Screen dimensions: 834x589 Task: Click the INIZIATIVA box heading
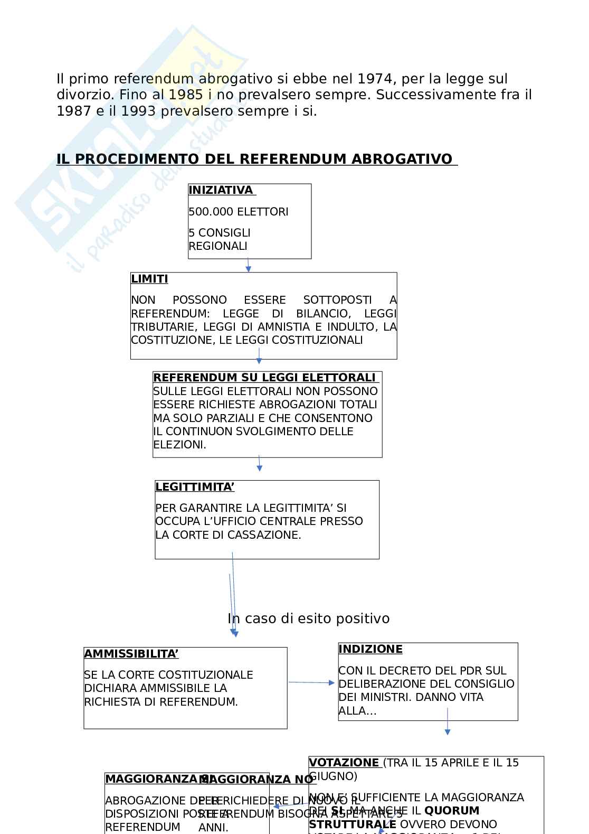coord(221,190)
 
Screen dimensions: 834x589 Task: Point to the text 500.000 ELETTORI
coord(239,212)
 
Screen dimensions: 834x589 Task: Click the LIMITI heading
coord(149,279)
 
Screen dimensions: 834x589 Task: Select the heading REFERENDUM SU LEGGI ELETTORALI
coord(264,378)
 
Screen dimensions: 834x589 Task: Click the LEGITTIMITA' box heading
coord(195,487)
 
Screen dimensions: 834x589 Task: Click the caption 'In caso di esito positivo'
coord(309,619)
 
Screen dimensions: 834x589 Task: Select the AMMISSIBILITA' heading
coord(131,654)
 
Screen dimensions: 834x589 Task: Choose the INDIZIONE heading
coord(370,649)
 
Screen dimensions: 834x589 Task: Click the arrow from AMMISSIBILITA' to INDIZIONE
coord(311,682)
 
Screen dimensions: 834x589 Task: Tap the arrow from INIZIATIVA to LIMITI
coord(248,265)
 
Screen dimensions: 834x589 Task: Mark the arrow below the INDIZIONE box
coord(448,721)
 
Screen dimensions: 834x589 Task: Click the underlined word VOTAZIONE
coord(344,763)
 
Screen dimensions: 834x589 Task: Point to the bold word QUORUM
coord(452,811)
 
